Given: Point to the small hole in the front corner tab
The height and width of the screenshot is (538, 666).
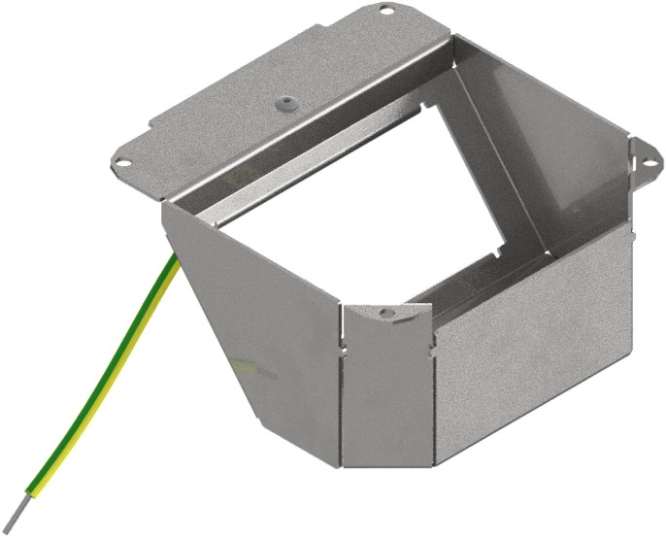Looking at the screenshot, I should click(x=385, y=314).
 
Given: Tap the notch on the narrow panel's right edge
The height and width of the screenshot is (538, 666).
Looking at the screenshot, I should click(x=430, y=341).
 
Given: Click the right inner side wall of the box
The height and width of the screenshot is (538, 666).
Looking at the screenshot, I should click(x=553, y=146).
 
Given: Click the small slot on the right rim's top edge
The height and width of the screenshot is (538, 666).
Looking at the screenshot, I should click(x=629, y=233).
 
